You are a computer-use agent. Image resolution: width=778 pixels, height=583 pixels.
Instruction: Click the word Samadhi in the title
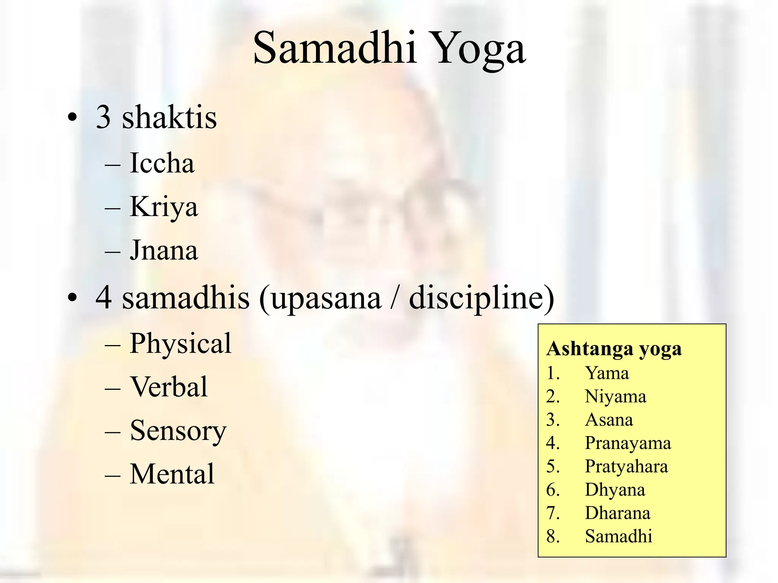[335, 48]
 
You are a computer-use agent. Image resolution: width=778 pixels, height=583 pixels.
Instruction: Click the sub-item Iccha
[162, 163]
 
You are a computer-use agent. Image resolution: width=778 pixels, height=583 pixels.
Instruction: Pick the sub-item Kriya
[164, 207]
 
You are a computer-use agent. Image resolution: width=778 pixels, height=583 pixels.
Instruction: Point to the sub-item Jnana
[164, 250]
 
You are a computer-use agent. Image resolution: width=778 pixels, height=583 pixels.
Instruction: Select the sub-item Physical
[180, 343]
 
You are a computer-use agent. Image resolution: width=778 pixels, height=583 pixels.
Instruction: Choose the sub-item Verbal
[169, 387]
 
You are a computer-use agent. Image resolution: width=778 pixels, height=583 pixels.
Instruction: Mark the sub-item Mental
[172, 474]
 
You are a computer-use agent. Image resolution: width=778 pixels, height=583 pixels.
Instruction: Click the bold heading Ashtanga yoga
[614, 349]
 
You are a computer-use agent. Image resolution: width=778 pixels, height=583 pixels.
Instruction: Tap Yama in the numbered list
[607, 373]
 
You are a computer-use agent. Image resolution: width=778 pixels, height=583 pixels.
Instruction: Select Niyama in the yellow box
[615, 397]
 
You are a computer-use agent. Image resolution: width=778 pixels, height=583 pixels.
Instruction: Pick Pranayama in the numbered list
[628, 443]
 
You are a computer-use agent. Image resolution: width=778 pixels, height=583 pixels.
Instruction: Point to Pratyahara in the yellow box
[626, 466]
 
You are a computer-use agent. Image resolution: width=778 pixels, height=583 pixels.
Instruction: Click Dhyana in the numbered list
[615, 490]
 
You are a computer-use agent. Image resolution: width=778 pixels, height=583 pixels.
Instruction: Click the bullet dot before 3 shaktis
[72, 118]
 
